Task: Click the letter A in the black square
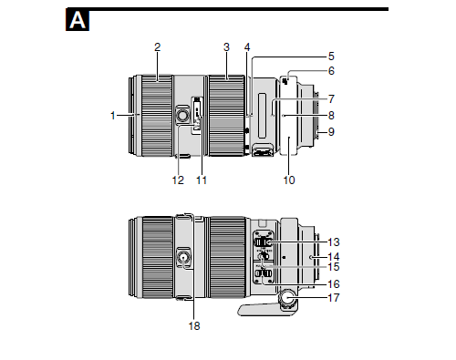click(78, 20)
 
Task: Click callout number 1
click(113, 116)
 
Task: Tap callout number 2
click(157, 47)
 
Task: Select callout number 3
click(226, 47)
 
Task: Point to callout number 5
click(331, 57)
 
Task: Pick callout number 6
click(331, 71)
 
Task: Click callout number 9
click(331, 132)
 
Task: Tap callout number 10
click(289, 180)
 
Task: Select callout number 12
click(178, 180)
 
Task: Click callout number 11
click(202, 180)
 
